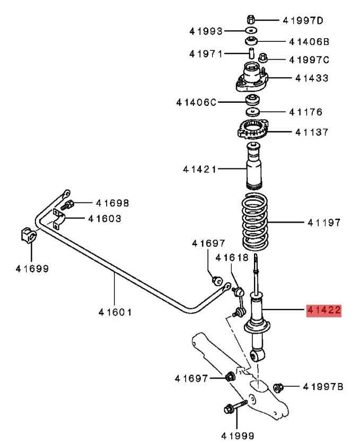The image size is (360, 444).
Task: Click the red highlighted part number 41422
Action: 323,310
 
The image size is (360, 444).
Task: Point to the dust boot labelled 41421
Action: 255,169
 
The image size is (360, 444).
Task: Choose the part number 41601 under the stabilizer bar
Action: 115,312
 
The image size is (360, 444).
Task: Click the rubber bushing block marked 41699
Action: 28,234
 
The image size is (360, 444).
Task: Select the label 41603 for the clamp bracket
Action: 104,218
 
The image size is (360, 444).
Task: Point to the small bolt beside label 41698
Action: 68,205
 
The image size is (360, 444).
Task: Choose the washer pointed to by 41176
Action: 252,112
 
